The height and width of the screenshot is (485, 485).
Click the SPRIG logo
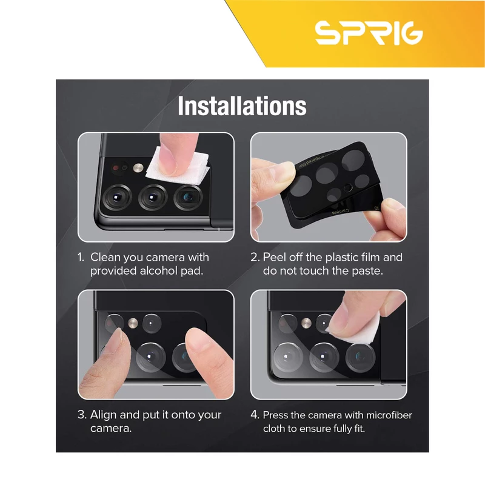369,33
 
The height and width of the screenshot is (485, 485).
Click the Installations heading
242,105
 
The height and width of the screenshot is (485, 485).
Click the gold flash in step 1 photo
138,168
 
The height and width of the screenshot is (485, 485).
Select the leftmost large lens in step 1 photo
117,198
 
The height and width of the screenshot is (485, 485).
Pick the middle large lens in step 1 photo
153,198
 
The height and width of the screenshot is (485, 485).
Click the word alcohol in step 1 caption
158,270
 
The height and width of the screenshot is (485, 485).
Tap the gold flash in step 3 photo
133,323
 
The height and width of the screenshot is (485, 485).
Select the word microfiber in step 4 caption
389,415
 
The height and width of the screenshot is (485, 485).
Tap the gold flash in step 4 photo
306,323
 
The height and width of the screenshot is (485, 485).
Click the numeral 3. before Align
82,415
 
